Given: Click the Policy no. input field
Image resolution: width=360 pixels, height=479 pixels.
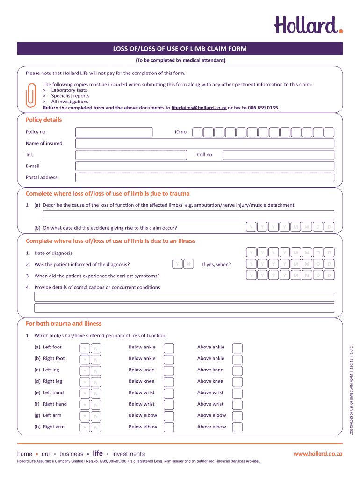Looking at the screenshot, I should (x=114, y=132).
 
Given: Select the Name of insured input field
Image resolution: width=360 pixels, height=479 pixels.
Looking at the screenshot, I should (x=205, y=144).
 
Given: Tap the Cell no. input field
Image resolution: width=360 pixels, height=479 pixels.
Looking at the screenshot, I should (x=278, y=155).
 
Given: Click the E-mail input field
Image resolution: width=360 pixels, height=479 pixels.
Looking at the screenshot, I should (x=205, y=166).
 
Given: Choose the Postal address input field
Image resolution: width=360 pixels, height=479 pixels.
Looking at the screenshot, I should (x=205, y=177).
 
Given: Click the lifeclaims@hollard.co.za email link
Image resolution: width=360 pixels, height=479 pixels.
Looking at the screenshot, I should (x=199, y=108).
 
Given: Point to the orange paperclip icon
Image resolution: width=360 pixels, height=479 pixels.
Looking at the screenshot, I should (x=30, y=95).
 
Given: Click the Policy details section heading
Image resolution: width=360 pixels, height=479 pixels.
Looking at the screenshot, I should (x=43, y=120).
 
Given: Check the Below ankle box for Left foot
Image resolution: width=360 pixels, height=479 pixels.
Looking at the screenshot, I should (x=169, y=348).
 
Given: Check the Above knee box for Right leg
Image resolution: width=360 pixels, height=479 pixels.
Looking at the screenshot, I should (x=238, y=382).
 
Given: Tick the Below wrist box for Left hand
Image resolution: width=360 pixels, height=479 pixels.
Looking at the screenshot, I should (x=169, y=393).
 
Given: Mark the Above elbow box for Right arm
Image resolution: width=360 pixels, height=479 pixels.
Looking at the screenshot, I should (x=238, y=427).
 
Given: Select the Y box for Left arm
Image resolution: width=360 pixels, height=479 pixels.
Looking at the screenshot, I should (x=85, y=416).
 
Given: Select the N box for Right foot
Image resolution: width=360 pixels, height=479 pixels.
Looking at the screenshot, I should (x=96, y=359).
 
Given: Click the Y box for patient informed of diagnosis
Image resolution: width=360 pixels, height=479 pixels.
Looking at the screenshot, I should (x=177, y=264).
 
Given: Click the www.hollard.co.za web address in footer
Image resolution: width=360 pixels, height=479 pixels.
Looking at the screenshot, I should (x=318, y=454).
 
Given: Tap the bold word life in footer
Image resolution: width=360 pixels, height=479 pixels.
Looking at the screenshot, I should (x=98, y=454).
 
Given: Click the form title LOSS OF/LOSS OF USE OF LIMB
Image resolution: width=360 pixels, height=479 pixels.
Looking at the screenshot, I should (x=180, y=49).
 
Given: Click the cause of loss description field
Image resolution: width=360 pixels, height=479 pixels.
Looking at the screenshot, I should (x=188, y=215).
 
